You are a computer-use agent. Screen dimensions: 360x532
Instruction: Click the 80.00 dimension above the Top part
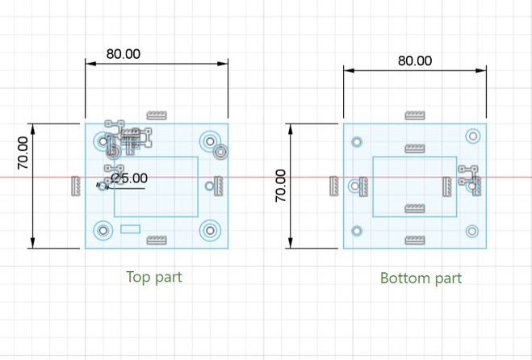pyautogui.click(x=123, y=54)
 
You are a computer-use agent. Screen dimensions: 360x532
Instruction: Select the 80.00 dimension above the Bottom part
pyautogui.click(x=415, y=61)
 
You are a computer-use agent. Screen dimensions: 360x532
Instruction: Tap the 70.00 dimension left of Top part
pyautogui.click(x=23, y=153)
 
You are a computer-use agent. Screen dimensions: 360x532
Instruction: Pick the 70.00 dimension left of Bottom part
pyautogui.click(x=281, y=186)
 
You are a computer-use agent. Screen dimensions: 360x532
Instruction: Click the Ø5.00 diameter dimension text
pyautogui.click(x=129, y=178)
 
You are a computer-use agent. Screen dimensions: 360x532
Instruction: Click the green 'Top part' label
pyautogui.click(x=154, y=277)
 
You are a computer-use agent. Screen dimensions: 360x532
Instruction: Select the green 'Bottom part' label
pyautogui.click(x=421, y=278)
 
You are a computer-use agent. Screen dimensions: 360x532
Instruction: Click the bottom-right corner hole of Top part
pyautogui.click(x=210, y=231)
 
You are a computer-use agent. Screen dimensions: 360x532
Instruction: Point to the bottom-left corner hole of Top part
pyautogui.click(x=103, y=231)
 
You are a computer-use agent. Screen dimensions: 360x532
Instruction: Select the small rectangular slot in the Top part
pyautogui.click(x=130, y=229)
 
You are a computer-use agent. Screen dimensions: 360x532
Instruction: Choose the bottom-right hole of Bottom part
pyautogui.click(x=473, y=231)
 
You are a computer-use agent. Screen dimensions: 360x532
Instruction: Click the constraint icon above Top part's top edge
pyautogui.click(x=156, y=114)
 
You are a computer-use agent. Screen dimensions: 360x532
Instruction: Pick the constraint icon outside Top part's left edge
pyautogui.click(x=76, y=185)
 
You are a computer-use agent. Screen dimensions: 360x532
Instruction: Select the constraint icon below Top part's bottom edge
pyautogui.click(x=156, y=240)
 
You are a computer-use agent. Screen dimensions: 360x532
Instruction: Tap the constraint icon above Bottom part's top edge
pyautogui.click(x=414, y=114)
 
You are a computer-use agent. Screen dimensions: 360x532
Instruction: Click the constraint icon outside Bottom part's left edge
pyautogui.click(x=334, y=186)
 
